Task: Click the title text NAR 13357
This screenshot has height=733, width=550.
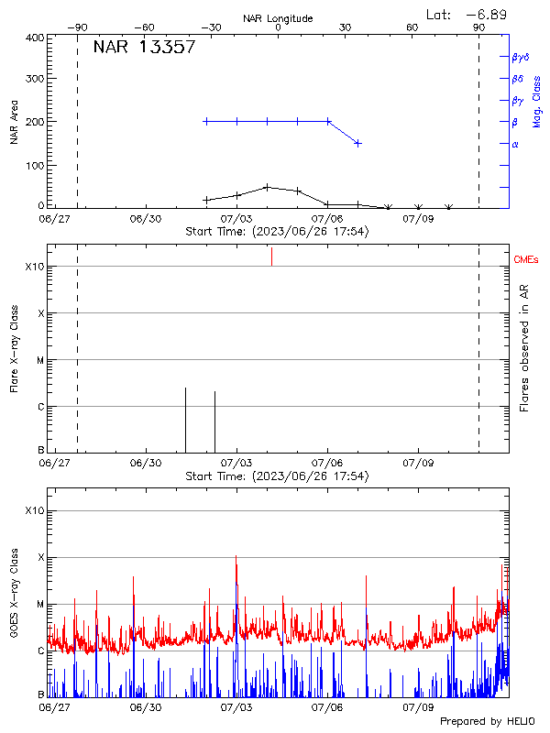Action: (144, 48)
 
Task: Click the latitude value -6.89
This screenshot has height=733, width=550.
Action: (489, 15)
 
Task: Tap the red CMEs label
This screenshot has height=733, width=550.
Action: (526, 260)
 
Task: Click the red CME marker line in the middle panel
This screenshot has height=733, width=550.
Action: (271, 257)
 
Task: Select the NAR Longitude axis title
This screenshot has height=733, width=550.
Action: (278, 18)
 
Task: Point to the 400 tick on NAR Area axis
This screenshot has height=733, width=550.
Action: (35, 38)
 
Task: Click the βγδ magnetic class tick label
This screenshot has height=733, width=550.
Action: (521, 57)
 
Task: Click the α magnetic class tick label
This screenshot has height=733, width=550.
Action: (515, 144)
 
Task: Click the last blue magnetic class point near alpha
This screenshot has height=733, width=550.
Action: (357, 143)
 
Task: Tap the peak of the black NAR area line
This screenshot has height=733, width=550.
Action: (267, 187)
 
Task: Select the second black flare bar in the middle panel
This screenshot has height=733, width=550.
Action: (214, 421)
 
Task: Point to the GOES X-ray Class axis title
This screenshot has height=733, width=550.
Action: (14, 596)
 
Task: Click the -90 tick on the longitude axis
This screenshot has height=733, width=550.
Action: (81, 28)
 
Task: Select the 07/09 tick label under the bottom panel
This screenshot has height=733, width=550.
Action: (418, 707)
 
